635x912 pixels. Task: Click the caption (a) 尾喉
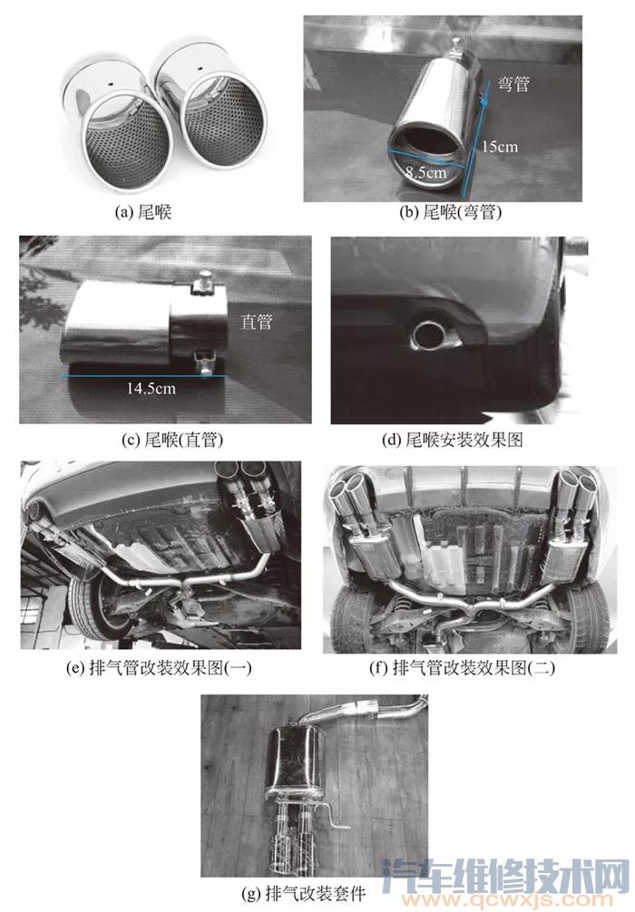coord(143,212)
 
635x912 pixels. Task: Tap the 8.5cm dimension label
coord(426,172)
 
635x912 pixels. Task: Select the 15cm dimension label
coord(500,146)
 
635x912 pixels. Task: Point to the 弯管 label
coord(514,83)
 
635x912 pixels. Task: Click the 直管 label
coord(257,321)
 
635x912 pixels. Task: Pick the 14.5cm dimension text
coord(151,388)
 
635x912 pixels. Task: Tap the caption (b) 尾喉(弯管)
coord(451,212)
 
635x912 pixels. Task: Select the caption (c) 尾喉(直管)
coord(172,440)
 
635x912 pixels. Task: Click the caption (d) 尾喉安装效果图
coord(453,440)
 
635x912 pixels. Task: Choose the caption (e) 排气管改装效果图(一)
coord(159,667)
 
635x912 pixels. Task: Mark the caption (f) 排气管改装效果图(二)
coord(463,667)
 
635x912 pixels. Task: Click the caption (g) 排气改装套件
coord(303,893)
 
